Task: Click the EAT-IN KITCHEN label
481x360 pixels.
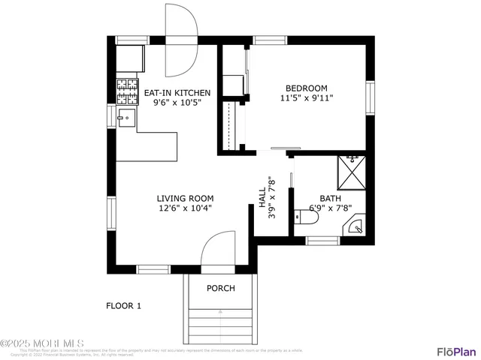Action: (x=177, y=93)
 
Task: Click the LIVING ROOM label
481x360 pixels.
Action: (x=184, y=199)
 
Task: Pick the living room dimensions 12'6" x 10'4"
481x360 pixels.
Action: (x=184, y=208)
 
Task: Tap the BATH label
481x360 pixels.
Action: (x=331, y=199)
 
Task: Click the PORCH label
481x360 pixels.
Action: (x=220, y=289)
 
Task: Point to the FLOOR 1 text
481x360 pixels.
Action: (x=123, y=305)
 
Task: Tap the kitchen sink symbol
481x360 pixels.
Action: (x=125, y=118)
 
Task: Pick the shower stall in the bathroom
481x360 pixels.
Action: (x=351, y=171)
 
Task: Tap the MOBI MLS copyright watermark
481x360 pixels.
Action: (x=43, y=344)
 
